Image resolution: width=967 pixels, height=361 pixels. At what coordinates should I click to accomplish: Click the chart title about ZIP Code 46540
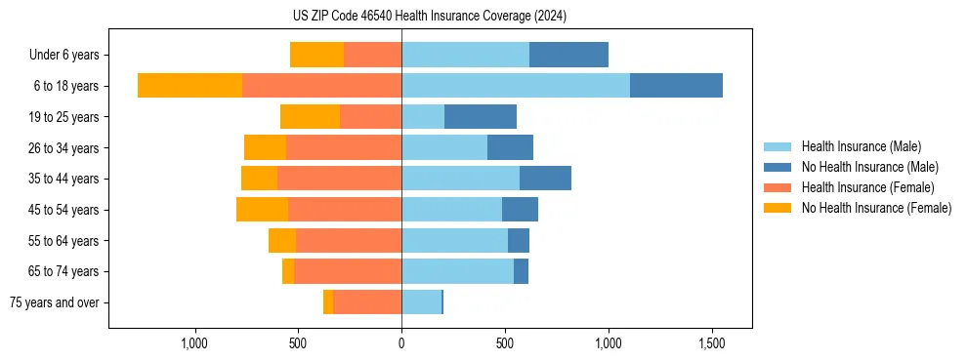pyautogui.click(x=430, y=17)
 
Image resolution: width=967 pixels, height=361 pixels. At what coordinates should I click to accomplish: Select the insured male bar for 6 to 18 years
pyautogui.click(x=516, y=86)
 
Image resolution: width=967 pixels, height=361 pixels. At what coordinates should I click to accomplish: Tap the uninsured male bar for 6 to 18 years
pyautogui.click(x=676, y=86)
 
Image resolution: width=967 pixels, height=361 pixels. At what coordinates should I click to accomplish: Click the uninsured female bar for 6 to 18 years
pyautogui.click(x=189, y=86)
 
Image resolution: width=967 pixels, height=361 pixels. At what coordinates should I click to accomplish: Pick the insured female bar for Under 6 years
pyautogui.click(x=372, y=55)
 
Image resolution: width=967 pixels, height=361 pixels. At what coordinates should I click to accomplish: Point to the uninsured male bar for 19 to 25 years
pyautogui.click(x=481, y=117)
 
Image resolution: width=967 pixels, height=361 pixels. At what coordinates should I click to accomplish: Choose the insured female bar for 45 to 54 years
pyautogui.click(x=345, y=210)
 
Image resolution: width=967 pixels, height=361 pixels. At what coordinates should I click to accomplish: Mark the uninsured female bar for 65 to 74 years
pyautogui.click(x=288, y=271)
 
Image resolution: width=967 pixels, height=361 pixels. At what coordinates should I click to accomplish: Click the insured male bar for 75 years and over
pyautogui.click(x=421, y=302)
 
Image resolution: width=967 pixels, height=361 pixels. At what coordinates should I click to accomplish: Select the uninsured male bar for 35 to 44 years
pyautogui.click(x=545, y=179)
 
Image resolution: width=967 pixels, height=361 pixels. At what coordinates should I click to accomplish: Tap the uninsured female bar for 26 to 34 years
pyautogui.click(x=265, y=147)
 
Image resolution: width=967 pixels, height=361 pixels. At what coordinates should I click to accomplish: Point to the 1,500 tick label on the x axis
pyautogui.click(x=711, y=343)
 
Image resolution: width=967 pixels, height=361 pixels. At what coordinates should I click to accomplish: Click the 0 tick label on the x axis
pyautogui.click(x=401, y=343)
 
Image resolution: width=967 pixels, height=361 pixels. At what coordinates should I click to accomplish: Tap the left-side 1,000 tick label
pyautogui.click(x=194, y=343)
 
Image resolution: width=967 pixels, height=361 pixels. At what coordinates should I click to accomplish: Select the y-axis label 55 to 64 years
pyautogui.click(x=63, y=241)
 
